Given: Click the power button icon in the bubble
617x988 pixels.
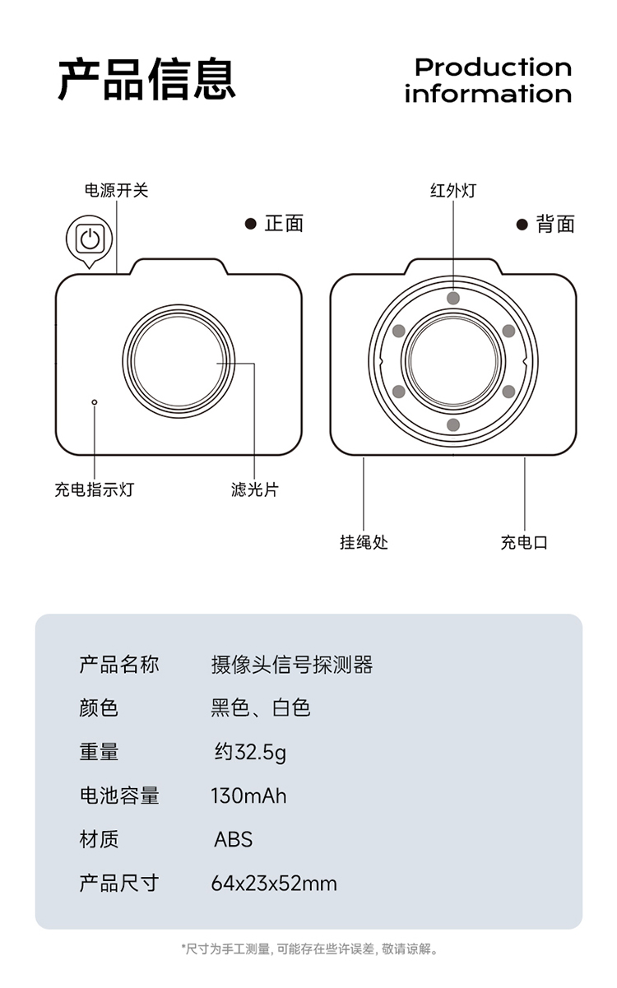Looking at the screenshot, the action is pos(90,239).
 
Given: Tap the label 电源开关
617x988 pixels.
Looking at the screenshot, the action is pos(117,191).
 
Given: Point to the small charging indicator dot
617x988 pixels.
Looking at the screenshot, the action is pos(95,402).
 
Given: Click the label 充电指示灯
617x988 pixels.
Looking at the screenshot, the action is pos(95,489).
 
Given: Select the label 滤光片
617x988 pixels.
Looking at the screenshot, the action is pos(255,489).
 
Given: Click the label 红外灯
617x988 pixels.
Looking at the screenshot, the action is pos(453,191).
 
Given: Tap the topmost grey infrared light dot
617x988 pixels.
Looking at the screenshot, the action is pos(453,298).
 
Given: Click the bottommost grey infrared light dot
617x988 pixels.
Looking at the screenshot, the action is pos(453,424).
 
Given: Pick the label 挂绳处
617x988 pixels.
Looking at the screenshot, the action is pos(364,542).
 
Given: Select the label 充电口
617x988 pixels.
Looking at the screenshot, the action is pos(524,542).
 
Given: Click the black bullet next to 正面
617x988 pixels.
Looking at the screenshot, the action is pos(251,224).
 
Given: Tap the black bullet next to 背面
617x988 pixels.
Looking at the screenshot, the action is pos(522,225).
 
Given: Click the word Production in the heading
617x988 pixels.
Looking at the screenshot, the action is pos(493,67).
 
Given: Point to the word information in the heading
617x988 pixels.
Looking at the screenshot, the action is pos(488,94).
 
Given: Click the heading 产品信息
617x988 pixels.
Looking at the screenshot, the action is pos(147,79).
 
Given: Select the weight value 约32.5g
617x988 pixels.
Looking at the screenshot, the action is pos(251,753).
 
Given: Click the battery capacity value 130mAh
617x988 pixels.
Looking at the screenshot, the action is pos(248,796).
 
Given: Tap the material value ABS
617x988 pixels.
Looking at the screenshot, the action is pos(234,839).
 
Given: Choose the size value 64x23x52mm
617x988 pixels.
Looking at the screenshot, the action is pos(274,884).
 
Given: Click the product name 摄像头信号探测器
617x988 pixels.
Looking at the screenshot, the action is pos(292,665).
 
